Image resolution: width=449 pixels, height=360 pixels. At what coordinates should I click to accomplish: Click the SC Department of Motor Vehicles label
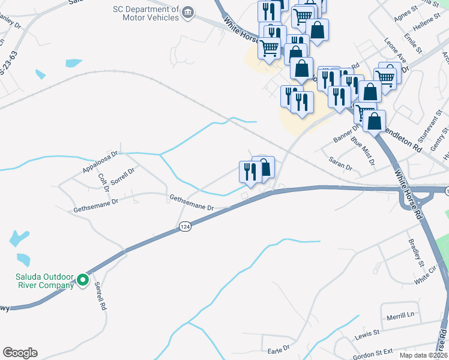(x=146, y=13)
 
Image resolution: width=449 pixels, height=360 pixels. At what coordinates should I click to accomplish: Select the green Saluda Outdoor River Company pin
(x=82, y=280)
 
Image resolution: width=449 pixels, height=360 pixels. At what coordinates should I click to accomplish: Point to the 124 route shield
(x=184, y=227)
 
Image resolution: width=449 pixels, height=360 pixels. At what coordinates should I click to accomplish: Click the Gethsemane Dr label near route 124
(x=191, y=202)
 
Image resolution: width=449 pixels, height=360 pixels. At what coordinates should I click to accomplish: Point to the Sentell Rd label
(x=100, y=297)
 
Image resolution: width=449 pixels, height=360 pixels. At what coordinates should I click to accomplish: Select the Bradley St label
(x=415, y=254)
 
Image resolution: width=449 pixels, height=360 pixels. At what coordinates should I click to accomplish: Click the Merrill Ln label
(x=401, y=315)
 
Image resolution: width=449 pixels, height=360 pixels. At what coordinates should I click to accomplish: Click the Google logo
(x=20, y=353)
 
